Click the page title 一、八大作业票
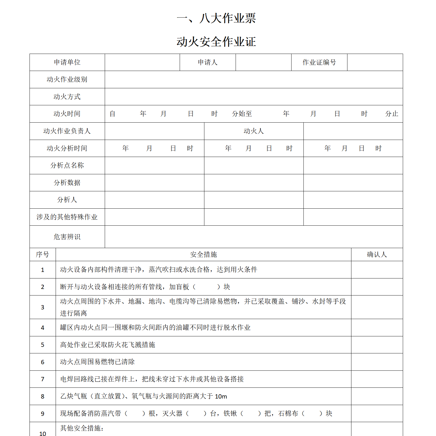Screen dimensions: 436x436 216,18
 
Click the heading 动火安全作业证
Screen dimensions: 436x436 216,42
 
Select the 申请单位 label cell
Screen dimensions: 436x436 67,62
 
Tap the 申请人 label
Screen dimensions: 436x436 207,62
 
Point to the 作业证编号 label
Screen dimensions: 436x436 319,62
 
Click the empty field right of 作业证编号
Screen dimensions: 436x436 375,62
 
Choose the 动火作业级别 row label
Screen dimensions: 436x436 67,79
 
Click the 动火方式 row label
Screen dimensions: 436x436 67,97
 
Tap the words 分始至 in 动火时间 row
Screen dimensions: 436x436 242,114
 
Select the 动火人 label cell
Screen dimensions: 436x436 254,131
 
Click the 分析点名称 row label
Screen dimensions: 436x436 67,165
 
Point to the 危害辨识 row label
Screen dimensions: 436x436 67,237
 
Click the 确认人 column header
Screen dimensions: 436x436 377,255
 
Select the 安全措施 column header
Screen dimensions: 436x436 204,255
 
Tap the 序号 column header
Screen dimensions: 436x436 43,255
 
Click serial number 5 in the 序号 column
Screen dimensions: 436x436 43,345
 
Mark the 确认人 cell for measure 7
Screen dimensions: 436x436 377,379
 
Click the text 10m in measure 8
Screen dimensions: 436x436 221,397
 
